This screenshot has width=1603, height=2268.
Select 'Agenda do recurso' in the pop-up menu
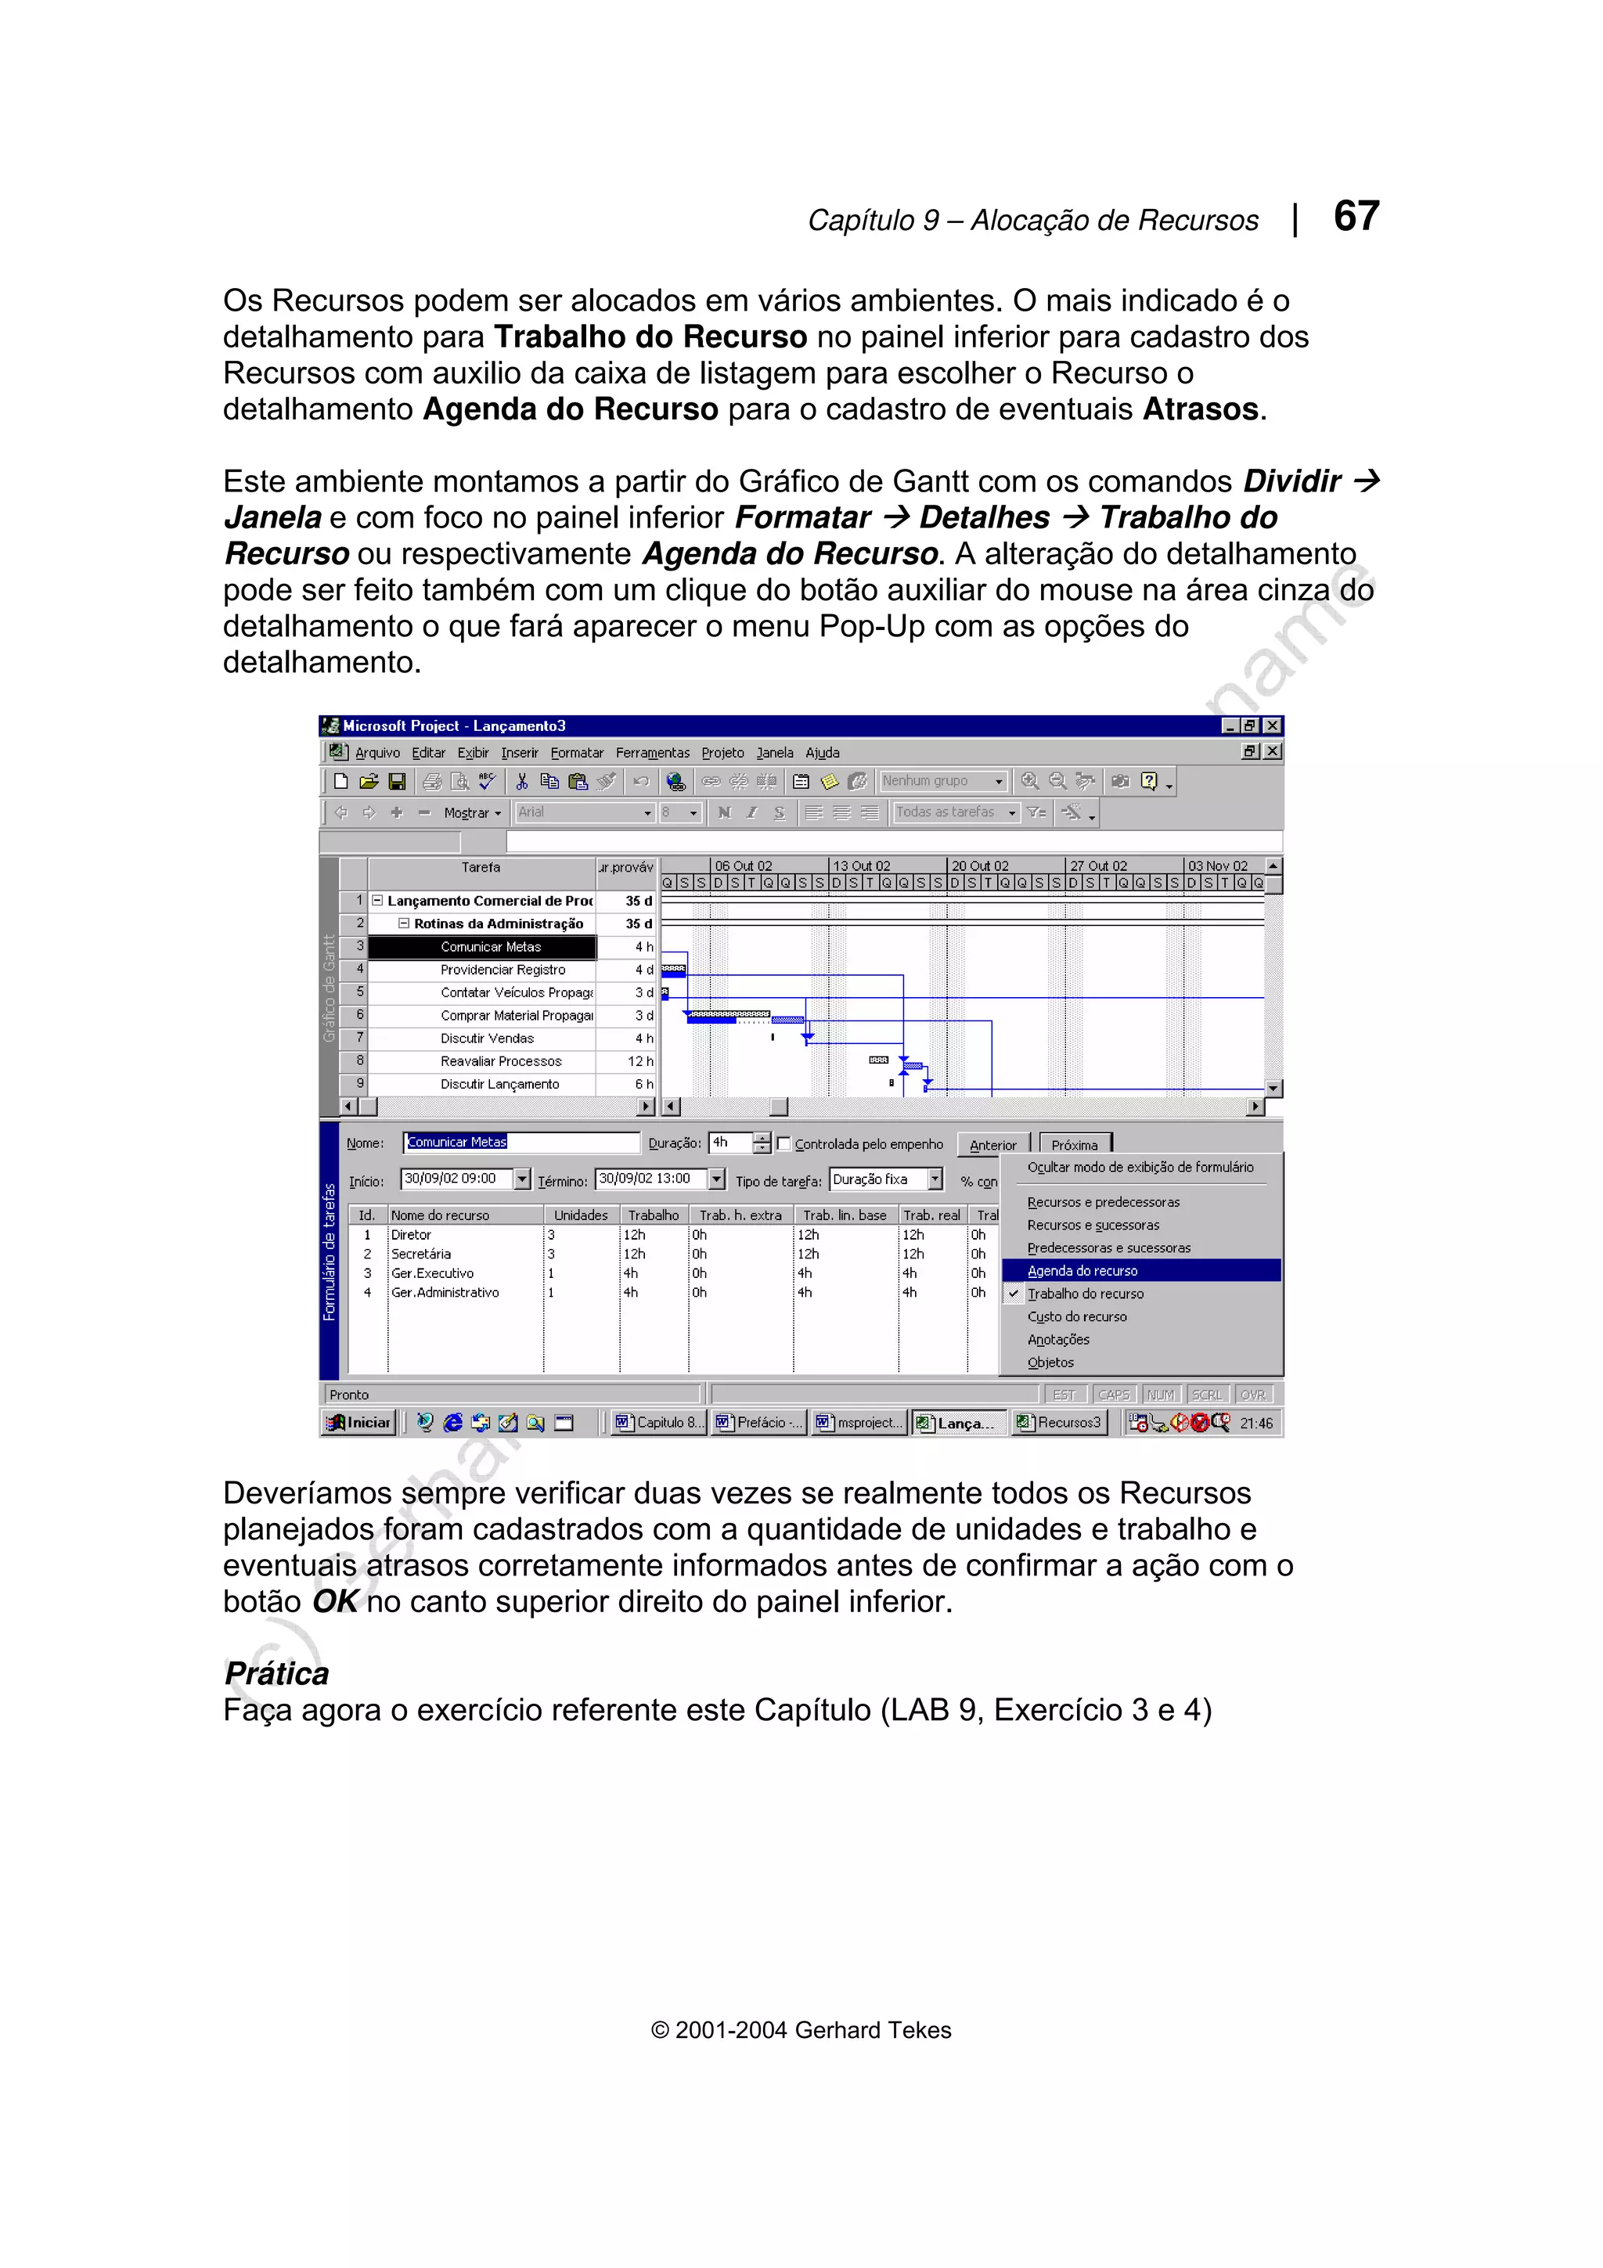pyautogui.click(x=1082, y=1270)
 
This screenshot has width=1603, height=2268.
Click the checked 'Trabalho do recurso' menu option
pyautogui.click(x=1086, y=1293)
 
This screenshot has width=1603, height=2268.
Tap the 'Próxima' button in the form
pyautogui.click(x=1075, y=1145)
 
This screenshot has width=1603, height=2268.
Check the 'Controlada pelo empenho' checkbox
pyautogui.click(x=784, y=1144)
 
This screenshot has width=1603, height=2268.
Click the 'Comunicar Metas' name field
pyautogui.click(x=521, y=1142)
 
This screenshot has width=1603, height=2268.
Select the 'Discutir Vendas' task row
pyautogui.click(x=487, y=1039)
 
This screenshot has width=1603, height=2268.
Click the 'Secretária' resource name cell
pyautogui.click(x=421, y=1254)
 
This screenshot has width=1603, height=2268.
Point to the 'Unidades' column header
pyautogui.click(x=581, y=1215)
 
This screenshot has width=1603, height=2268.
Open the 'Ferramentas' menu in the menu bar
pyautogui.click(x=652, y=753)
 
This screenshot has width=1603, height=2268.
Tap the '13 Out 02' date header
pyautogui.click(x=861, y=866)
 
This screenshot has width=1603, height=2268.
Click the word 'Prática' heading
pyautogui.click(x=276, y=1673)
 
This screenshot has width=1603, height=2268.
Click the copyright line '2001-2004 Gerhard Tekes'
pyautogui.click(x=801, y=2029)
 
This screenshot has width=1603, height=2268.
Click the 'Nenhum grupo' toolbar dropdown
pyautogui.click(x=942, y=780)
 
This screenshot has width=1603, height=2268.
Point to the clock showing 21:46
pyautogui.click(x=1256, y=1424)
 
